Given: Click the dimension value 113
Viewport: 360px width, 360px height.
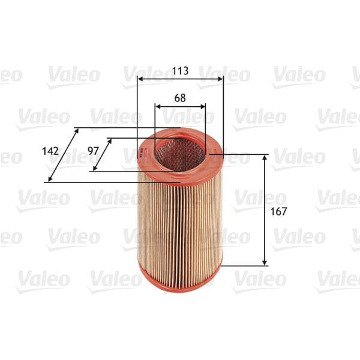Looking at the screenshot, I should (180, 71).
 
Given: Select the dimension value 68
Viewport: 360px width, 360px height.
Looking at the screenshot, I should (179, 97).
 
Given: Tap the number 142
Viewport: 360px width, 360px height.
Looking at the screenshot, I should (51, 151).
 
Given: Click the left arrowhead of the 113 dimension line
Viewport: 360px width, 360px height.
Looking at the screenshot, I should (140, 79).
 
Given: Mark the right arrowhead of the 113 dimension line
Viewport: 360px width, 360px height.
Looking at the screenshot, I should (221, 79).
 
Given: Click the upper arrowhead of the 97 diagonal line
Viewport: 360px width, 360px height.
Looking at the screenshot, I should (110, 140).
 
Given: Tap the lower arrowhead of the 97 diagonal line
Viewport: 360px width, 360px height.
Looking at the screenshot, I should (95, 169).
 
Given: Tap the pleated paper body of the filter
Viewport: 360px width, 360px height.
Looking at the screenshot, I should (179, 222).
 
